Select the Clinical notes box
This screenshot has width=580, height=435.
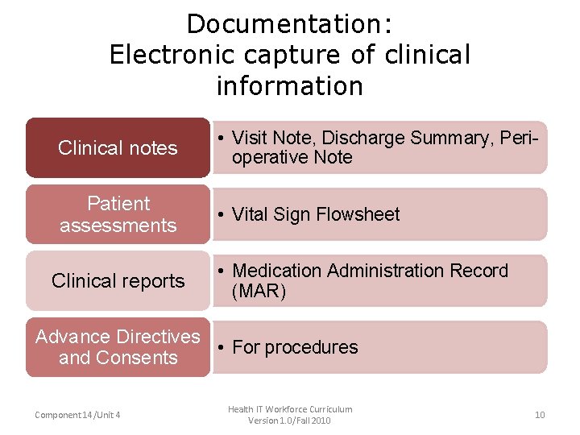[x=118, y=148]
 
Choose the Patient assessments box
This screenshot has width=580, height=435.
[x=118, y=214]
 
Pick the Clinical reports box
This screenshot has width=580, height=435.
[x=118, y=281]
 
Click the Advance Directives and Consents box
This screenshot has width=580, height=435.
[x=118, y=347]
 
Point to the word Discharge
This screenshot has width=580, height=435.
[x=367, y=139]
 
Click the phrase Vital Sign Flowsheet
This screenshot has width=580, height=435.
[x=316, y=214]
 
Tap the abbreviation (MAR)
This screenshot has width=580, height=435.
[x=259, y=291]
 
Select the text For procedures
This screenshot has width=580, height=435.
[x=295, y=347]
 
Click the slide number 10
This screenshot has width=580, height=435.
[x=540, y=415]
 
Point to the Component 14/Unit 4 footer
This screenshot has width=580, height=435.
[x=78, y=415]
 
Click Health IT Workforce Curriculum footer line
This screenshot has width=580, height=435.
[x=290, y=409]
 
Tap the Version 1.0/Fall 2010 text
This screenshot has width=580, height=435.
[x=290, y=420]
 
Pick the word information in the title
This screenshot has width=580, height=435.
[x=289, y=85]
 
